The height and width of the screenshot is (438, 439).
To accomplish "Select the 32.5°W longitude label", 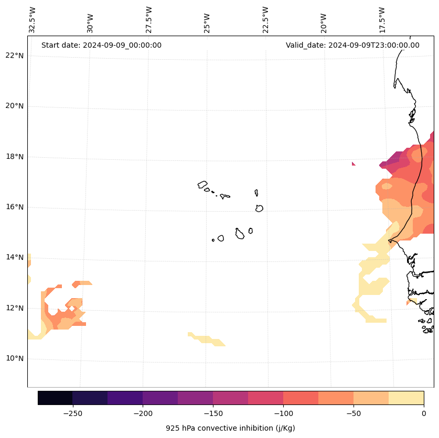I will (33, 20).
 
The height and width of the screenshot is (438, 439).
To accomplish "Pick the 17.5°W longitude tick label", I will (382, 20).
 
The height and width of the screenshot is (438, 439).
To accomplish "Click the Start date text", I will (101, 45).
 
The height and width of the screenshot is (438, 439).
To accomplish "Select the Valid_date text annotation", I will (352, 45).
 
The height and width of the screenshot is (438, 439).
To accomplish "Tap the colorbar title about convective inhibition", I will (230, 428).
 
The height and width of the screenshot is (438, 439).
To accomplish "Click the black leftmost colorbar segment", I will (55, 398).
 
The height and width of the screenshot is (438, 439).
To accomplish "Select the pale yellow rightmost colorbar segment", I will (406, 398).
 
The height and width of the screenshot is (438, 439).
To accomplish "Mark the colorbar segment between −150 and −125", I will (230, 398).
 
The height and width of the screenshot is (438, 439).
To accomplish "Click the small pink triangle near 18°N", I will (354, 164).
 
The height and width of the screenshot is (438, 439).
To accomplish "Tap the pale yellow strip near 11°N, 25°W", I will (207, 339).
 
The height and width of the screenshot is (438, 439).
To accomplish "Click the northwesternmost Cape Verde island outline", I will (202, 184).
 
